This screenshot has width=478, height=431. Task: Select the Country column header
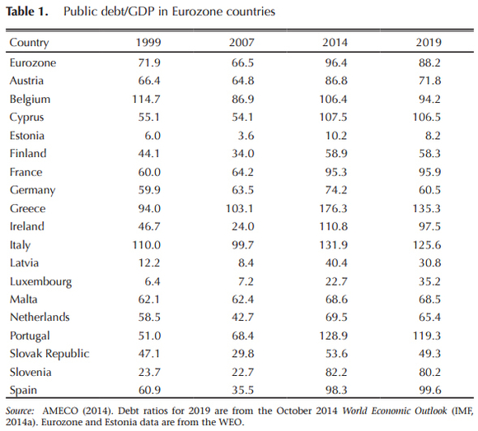click(x=29, y=43)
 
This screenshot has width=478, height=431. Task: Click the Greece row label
click(x=27, y=208)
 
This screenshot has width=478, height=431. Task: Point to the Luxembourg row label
click(x=40, y=281)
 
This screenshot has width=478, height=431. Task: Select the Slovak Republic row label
click(x=48, y=354)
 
